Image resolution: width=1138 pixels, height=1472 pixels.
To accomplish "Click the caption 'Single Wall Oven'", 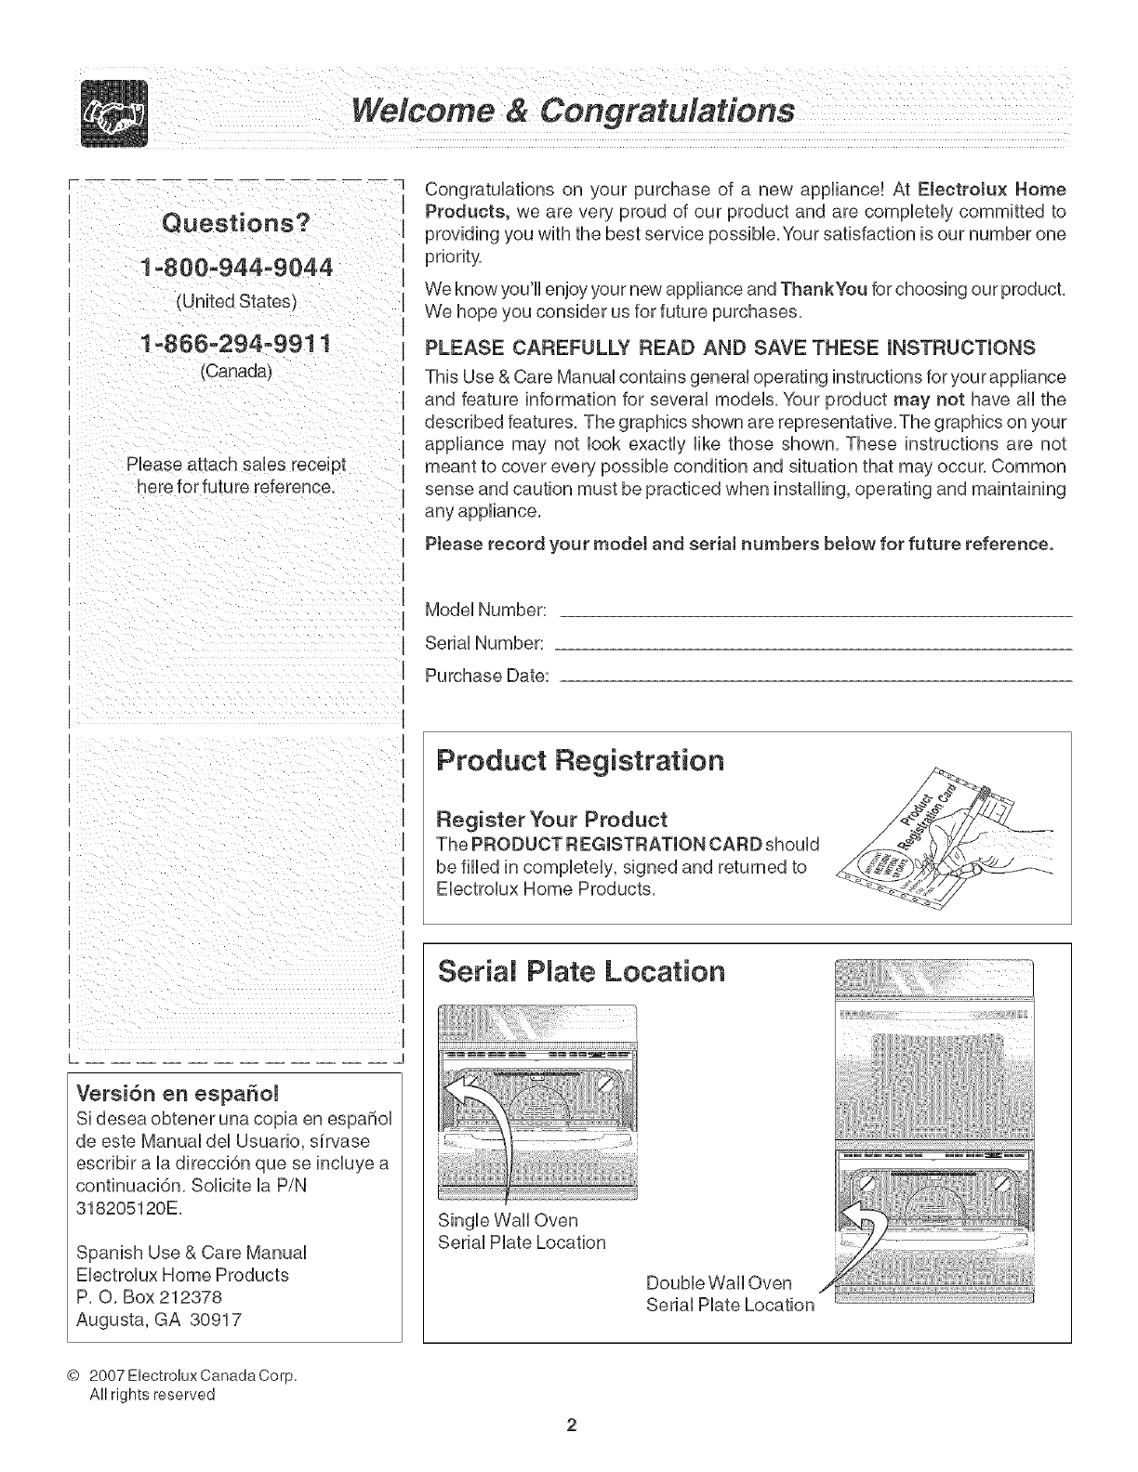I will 507,1219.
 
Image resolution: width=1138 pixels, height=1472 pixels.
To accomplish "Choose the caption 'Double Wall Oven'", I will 718,1282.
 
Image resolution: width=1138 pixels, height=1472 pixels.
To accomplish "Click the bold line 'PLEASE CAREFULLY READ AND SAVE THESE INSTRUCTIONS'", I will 729,348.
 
